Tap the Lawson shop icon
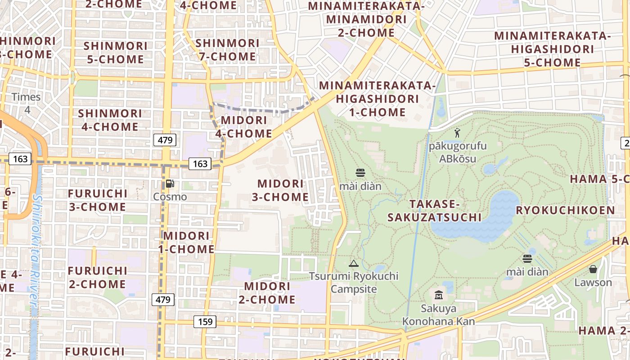[x=593, y=269]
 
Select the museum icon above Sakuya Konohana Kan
[x=439, y=295]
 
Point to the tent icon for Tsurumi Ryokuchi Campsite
[x=354, y=263]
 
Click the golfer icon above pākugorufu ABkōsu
[x=458, y=133]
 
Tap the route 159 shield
[x=205, y=322]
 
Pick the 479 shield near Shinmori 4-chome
[x=165, y=140]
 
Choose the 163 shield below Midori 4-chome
[x=199, y=164]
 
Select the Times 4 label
[x=26, y=103]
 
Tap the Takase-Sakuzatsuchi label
[x=434, y=211]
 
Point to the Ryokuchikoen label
[x=565, y=210]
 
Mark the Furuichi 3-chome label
[x=97, y=200]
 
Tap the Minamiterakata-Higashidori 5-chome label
[x=552, y=49]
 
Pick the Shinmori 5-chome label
[x=115, y=52]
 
